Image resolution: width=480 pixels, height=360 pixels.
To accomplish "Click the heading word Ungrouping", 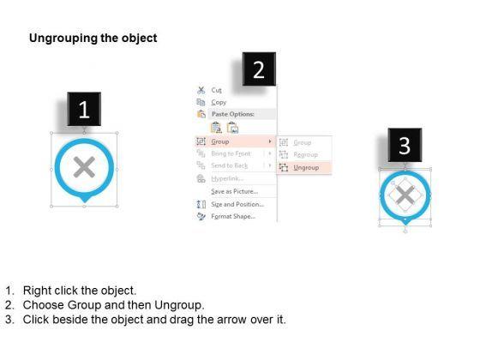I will pos(62,39).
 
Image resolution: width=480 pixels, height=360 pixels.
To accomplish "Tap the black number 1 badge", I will pos(83,110).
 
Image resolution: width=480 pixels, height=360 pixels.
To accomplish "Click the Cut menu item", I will pos(216,89).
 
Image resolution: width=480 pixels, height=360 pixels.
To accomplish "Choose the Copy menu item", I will pos(219,102).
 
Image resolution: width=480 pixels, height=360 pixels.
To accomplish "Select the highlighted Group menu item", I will pos(219,141).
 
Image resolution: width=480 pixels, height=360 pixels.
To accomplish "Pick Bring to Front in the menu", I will pos(231,153).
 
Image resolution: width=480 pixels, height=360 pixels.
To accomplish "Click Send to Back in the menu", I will pos(230,165).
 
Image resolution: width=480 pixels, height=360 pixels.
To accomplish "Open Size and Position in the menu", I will pos(237,204).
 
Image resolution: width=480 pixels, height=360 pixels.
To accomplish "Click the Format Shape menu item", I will pos(233,217).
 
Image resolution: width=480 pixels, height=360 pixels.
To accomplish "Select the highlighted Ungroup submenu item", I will pos(306,168).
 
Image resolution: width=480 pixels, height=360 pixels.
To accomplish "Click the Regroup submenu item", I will pos(306,154).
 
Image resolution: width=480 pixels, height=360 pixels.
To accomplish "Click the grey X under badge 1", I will pos(84,168).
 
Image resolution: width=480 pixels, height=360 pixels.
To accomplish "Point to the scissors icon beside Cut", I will pos(201,89).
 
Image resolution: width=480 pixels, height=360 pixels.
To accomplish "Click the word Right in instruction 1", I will pos(38,291).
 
